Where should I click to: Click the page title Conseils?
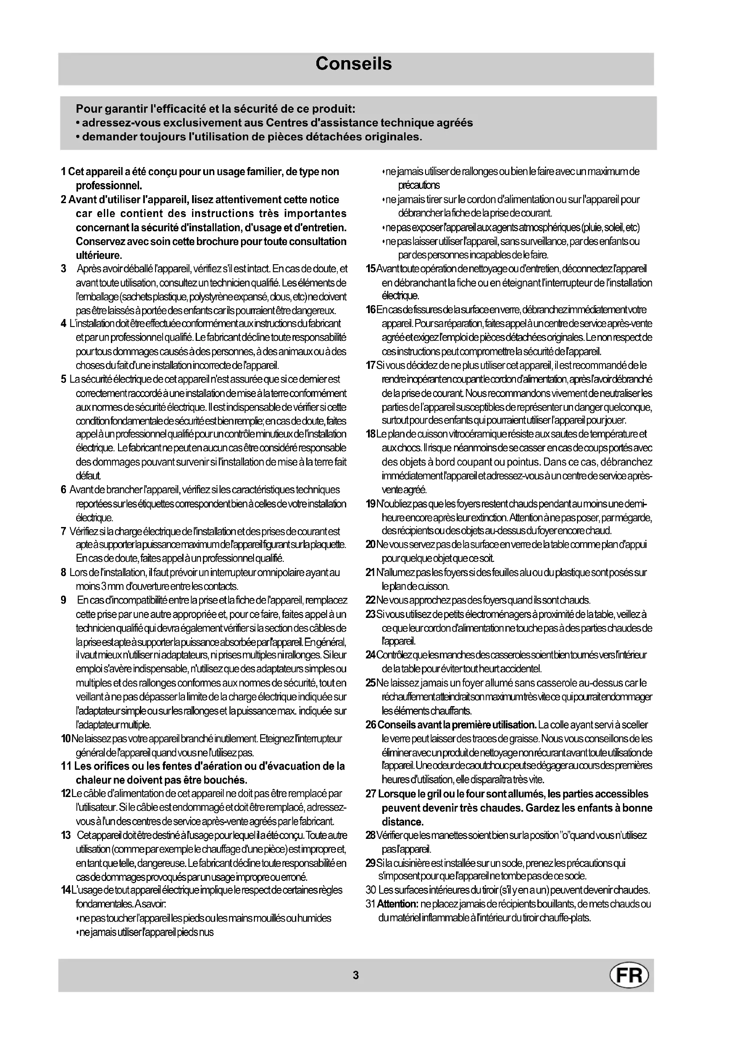353,64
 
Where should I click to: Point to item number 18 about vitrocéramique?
370,434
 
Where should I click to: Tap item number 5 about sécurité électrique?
64,379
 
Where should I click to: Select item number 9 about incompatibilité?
64,601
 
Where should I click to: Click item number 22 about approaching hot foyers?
370,601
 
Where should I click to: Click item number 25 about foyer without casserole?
371,683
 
